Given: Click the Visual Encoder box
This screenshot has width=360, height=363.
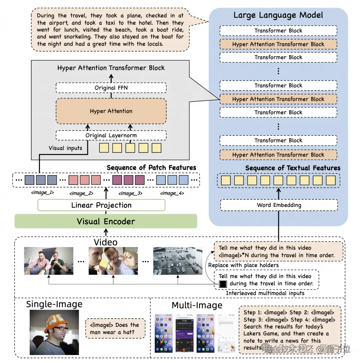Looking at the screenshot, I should click(x=106, y=221).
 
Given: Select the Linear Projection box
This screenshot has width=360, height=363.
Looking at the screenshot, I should click(x=101, y=205).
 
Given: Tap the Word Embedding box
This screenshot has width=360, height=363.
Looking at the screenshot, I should click(x=279, y=205).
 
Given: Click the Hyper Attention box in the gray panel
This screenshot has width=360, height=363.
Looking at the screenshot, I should click(x=111, y=111).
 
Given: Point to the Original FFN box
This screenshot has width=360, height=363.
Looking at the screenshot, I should click(x=111, y=88).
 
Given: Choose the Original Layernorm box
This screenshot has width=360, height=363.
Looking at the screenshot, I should click(x=111, y=135).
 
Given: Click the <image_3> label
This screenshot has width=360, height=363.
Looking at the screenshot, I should click(x=130, y=193).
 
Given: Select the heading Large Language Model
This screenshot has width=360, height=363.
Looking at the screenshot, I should click(x=278, y=15).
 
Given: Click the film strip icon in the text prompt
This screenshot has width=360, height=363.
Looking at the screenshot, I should click(x=222, y=284).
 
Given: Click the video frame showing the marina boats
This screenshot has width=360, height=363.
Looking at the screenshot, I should click(x=178, y=261).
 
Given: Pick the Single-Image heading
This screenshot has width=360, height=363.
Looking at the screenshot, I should click(x=54, y=304).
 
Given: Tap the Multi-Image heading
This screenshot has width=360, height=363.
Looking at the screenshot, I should click(x=197, y=305).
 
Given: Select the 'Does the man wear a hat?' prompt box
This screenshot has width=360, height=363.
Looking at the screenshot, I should click(x=115, y=328).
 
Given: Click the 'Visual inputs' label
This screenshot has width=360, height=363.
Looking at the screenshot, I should click(x=65, y=148).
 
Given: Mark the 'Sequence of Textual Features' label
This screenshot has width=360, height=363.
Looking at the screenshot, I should click(x=293, y=168).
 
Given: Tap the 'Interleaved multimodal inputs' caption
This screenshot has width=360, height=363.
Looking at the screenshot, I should click(x=265, y=293).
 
